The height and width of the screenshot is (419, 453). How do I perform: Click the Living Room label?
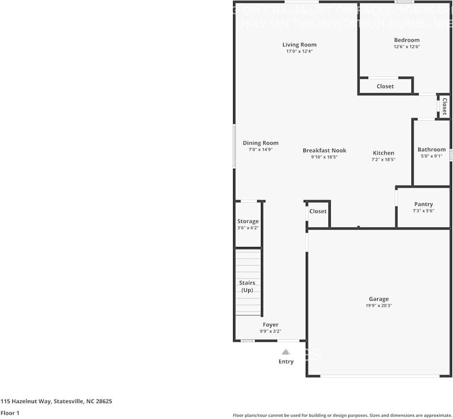(x=299, y=45)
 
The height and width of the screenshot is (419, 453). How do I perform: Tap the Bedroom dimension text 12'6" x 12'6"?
(x=406, y=47)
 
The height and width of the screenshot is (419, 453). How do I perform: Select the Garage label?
(x=378, y=299)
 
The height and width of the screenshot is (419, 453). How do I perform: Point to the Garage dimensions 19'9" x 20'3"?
(x=378, y=305)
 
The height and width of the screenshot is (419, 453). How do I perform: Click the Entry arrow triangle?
(x=285, y=352)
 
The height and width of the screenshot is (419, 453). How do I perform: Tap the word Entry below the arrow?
(x=285, y=361)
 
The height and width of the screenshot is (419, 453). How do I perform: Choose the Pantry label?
(x=423, y=204)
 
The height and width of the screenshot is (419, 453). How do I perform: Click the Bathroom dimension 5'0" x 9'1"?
(x=431, y=156)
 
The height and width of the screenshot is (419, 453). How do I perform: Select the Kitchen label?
(x=383, y=153)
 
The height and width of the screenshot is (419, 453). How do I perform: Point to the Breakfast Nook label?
(x=324, y=150)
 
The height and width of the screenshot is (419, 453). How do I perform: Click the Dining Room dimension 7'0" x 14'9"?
(x=260, y=149)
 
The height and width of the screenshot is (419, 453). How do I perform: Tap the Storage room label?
(x=248, y=221)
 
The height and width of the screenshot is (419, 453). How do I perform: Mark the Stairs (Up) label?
(x=247, y=287)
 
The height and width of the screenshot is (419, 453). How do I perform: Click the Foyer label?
(x=270, y=325)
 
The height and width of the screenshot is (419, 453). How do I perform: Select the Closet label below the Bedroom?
(x=385, y=86)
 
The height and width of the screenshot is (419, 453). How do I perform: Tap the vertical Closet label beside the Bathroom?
(x=444, y=106)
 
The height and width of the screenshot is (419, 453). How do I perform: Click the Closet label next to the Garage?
(x=318, y=211)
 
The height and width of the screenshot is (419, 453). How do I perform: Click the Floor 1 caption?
(x=10, y=413)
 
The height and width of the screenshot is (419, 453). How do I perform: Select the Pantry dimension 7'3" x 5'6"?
(x=423, y=211)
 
